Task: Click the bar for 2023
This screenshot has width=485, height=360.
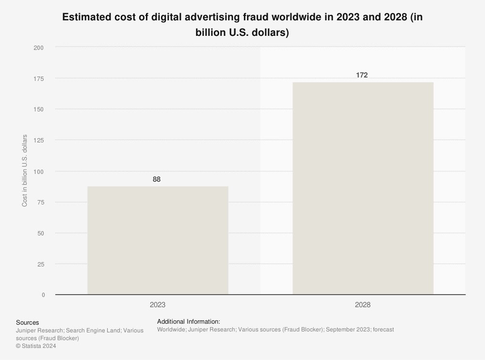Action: (158, 240)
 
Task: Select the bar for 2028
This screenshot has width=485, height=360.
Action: (363, 188)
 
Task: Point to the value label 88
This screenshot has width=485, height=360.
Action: (157, 179)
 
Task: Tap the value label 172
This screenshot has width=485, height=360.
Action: (362, 75)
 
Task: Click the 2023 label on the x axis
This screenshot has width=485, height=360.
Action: (158, 305)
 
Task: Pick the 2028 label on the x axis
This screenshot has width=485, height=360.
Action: (362, 305)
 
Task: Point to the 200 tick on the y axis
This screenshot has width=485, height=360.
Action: (39, 47)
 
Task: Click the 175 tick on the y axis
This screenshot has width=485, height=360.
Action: (39, 78)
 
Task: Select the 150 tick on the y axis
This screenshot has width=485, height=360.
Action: (39, 110)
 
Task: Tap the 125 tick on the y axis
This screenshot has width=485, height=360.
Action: (39, 141)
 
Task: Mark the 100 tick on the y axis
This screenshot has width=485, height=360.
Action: (39, 172)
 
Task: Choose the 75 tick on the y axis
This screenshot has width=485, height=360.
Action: (40, 202)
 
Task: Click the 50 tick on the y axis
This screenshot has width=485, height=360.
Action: (40, 233)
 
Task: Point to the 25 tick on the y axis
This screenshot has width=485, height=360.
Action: (40, 264)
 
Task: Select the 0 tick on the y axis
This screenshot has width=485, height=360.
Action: (43, 295)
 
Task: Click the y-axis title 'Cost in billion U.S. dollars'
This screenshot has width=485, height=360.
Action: (25, 171)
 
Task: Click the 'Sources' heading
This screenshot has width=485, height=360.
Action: (27, 322)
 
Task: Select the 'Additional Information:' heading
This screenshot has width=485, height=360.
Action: (189, 321)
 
